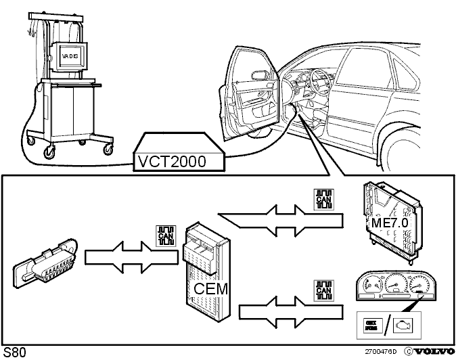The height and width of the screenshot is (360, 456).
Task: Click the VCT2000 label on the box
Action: (x=171, y=162)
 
